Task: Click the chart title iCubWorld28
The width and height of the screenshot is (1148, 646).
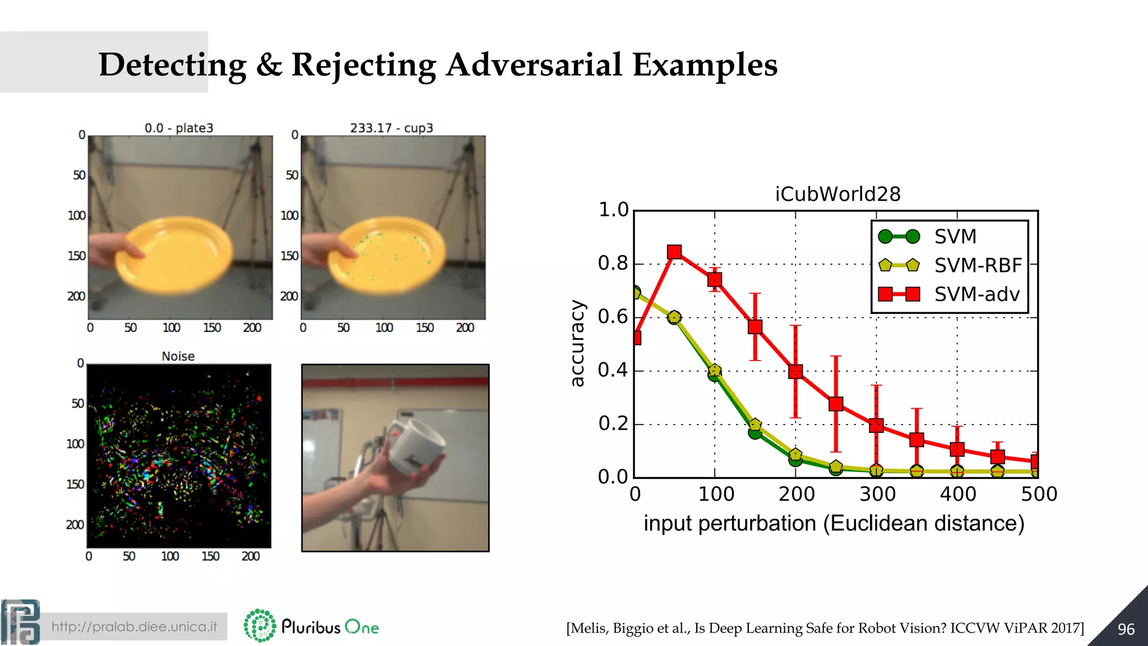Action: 837,194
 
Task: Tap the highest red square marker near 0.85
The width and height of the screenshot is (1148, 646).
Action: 674,252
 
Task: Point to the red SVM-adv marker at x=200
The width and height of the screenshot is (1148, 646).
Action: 795,371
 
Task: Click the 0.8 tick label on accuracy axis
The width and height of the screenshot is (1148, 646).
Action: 613,263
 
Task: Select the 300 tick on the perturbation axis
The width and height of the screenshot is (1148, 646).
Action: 877,494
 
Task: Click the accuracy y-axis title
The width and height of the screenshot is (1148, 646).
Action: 577,343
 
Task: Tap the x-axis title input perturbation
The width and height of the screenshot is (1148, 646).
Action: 834,523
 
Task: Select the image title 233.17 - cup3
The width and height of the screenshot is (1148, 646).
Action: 391,128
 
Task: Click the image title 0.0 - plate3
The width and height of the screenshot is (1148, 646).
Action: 179,128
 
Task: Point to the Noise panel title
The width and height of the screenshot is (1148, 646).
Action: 178,356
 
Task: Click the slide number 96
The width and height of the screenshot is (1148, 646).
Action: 1126,629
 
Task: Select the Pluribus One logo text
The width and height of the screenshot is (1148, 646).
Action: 330,627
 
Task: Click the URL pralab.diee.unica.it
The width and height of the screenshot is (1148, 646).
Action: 134,626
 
